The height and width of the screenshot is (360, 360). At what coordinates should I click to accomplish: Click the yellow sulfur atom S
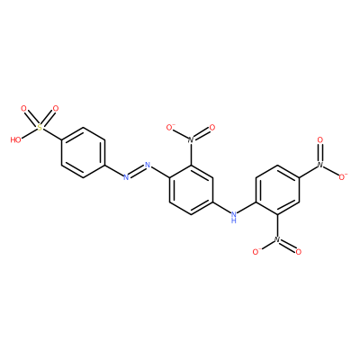[x=40, y=128]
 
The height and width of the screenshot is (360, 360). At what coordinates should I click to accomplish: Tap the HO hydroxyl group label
[x=16, y=139]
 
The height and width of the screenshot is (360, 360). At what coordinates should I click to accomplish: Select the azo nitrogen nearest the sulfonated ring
[x=126, y=177]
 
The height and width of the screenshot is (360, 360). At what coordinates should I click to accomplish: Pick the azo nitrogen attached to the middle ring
[x=148, y=165]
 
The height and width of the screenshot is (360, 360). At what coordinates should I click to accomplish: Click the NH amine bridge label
[x=234, y=217]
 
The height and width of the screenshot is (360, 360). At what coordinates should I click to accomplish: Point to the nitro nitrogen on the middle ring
[x=191, y=139]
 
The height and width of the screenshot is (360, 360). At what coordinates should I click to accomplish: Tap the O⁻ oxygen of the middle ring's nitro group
[x=170, y=128]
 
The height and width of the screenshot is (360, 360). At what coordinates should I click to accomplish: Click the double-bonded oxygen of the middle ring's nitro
[x=212, y=128]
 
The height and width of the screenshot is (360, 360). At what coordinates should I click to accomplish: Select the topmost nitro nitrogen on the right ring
[x=320, y=165]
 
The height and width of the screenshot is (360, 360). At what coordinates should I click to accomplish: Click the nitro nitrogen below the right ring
[x=277, y=239]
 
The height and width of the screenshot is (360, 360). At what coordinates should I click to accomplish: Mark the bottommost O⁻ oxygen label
[x=256, y=252]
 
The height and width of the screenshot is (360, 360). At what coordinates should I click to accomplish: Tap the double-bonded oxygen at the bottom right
[x=299, y=252]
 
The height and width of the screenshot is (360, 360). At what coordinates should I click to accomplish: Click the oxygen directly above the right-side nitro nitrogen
[x=320, y=139]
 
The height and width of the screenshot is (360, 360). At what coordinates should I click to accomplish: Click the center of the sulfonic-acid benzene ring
[x=83, y=152]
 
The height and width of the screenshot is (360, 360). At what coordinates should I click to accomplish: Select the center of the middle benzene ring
[x=191, y=190]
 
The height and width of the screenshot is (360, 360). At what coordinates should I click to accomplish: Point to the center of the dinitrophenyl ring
[x=277, y=190]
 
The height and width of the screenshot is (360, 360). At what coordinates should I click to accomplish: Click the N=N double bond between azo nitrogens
[x=137, y=171]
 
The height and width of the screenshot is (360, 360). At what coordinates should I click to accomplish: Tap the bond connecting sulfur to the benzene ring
[x=51, y=134]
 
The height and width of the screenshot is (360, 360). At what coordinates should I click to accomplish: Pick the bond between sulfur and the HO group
[x=29, y=133]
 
